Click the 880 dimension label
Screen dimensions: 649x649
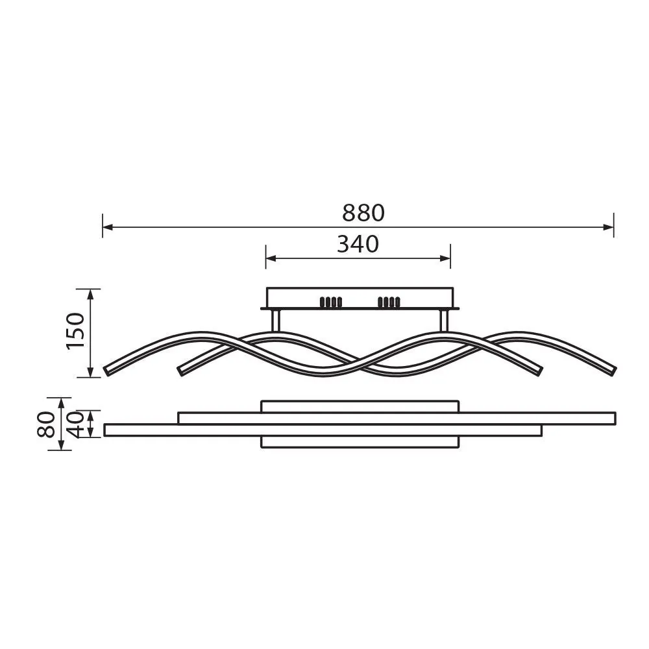363,213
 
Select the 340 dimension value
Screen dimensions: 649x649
358,245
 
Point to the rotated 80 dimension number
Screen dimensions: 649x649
46,423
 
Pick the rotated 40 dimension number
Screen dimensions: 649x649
77,423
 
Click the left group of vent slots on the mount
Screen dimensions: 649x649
331,302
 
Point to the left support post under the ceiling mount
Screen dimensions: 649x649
275,322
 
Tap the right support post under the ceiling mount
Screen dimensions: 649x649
444,322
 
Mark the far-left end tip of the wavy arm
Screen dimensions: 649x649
107,371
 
